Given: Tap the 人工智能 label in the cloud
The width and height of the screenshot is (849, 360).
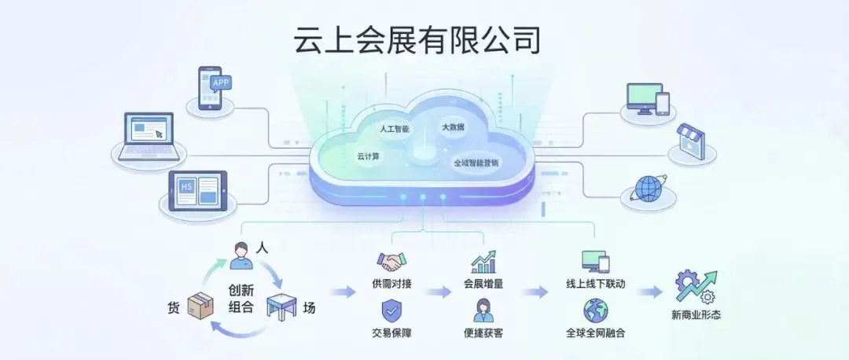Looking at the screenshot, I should tap(394, 128).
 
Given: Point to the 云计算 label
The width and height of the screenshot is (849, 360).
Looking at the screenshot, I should tap(368, 156).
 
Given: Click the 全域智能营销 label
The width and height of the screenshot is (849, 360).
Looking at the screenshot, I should tap(475, 163).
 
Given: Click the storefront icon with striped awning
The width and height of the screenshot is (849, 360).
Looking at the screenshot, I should tap(689, 141).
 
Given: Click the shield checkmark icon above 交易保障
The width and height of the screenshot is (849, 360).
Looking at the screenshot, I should tap(391, 310).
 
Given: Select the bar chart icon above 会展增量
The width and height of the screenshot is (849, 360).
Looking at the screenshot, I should tap(483, 262).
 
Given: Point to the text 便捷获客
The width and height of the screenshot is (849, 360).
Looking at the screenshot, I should tap(483, 333).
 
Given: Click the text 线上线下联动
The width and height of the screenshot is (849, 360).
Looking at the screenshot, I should tap(595, 284).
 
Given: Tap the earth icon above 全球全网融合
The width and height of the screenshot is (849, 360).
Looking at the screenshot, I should tap(595, 310).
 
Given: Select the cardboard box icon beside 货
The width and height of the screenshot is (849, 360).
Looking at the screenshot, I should tap(200, 306).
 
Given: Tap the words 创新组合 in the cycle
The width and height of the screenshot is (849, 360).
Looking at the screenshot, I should tap(241, 298).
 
